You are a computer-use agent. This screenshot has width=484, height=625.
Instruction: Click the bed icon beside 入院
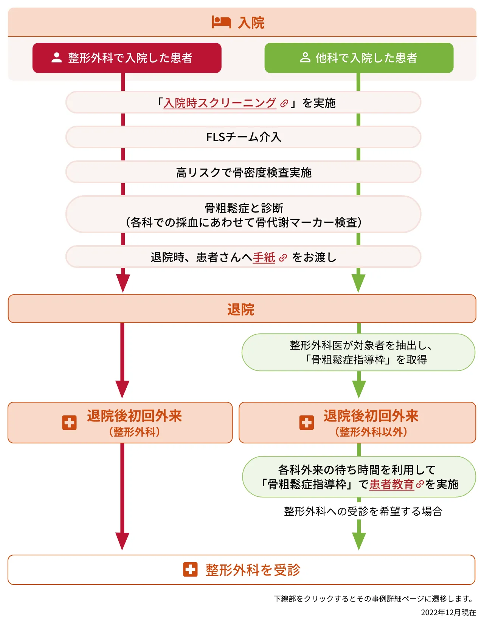tap(221, 22)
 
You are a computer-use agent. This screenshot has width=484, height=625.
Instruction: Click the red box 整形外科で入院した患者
tap(127, 58)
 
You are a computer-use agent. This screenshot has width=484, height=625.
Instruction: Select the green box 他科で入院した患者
tap(359, 58)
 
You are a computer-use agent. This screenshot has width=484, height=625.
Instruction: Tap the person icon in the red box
tap(57, 58)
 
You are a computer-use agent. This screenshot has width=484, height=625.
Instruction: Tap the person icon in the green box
tap(305, 58)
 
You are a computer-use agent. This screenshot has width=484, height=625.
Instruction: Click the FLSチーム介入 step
tap(244, 137)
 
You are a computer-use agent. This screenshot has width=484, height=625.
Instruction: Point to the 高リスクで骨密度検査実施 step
tap(244, 173)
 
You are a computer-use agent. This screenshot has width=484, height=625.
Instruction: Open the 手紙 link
tap(264, 258)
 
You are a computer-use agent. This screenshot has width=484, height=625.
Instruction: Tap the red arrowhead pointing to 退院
tap(123, 283)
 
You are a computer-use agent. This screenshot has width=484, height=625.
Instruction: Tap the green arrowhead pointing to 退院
tap(358, 283)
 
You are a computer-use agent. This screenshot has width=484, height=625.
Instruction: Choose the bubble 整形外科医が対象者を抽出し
tap(358, 352)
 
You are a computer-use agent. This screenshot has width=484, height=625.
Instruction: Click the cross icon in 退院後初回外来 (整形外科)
tap(69, 423)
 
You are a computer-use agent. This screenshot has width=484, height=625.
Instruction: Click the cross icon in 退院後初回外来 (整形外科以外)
tap(306, 423)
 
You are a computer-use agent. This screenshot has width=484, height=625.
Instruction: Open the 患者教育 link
tap(392, 484)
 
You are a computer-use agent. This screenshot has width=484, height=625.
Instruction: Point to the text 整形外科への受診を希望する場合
tap(363, 512)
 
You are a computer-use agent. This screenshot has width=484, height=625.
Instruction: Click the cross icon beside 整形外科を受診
tap(190, 569)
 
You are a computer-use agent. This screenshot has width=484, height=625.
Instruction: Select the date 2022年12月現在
tap(448, 613)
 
